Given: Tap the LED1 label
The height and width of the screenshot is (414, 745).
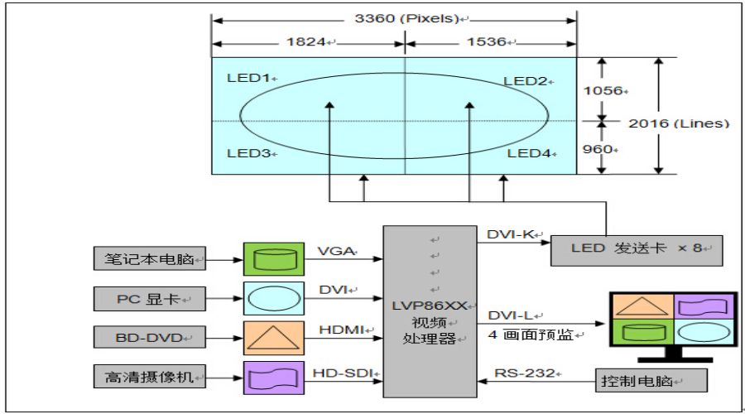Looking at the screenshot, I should (x=248, y=79).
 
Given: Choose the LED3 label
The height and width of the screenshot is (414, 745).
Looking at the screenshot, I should (x=248, y=153).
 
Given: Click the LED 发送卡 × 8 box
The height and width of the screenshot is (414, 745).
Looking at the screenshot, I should (x=636, y=248).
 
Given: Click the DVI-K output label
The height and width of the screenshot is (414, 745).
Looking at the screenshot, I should (x=508, y=234).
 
